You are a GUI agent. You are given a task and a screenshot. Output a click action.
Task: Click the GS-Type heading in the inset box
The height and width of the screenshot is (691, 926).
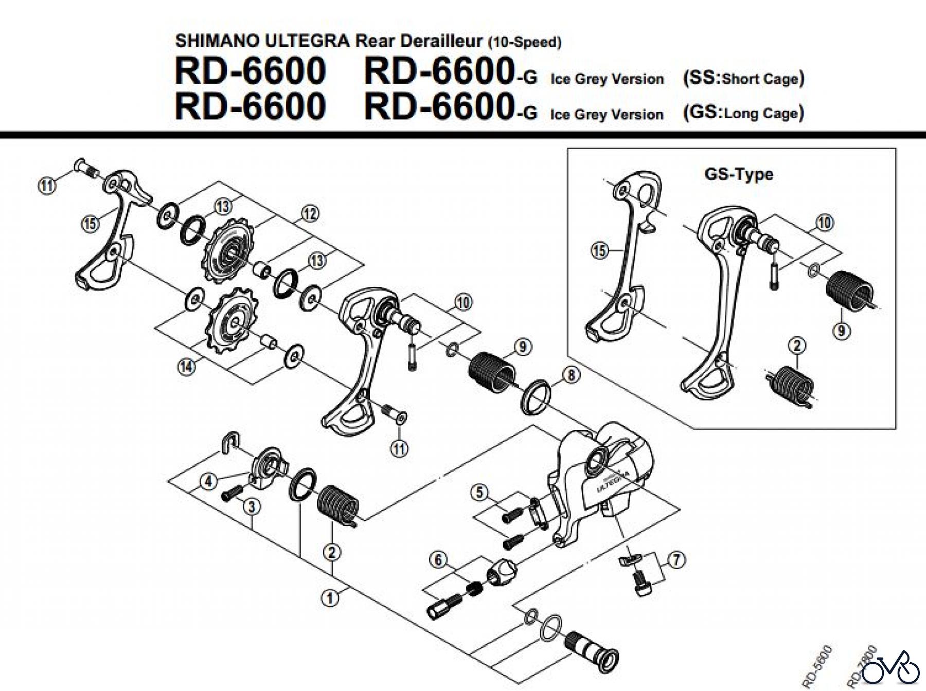coord(739,174)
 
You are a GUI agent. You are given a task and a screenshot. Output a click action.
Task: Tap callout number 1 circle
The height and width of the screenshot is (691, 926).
coord(330,597)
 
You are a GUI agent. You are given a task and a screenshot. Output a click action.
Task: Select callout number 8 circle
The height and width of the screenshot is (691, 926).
coord(571,375)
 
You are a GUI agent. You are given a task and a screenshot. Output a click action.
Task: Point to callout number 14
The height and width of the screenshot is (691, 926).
coord(186,367)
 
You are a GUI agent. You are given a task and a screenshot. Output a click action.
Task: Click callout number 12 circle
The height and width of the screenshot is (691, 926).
coord(310,213)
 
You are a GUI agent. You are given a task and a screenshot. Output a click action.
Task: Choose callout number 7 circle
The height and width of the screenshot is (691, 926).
coord(676,559)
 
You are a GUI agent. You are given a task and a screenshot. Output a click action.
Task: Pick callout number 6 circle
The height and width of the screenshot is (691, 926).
coord(438,559)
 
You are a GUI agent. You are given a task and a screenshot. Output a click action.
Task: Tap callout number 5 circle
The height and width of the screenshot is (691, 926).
coord(479,492)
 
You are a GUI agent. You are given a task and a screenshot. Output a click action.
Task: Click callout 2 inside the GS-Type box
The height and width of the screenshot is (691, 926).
coord(797,345)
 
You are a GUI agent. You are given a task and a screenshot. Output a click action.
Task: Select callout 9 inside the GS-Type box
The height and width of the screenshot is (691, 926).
coord(842,330)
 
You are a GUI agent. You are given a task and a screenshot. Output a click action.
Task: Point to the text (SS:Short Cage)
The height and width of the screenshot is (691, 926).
coord(743,78)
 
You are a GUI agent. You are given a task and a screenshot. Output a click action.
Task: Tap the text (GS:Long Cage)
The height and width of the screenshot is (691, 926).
coord(743,113)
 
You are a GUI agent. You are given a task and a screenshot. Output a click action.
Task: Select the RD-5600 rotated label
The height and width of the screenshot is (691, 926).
coord(818,665)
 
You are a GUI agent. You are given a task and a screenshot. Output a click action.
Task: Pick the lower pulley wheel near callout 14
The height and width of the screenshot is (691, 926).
coord(233,321)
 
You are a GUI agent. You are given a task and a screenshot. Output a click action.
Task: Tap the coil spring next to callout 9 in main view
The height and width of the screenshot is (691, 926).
coord(492,371)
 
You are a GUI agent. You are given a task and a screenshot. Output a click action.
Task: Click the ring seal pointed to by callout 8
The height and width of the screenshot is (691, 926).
coord(537,396)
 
